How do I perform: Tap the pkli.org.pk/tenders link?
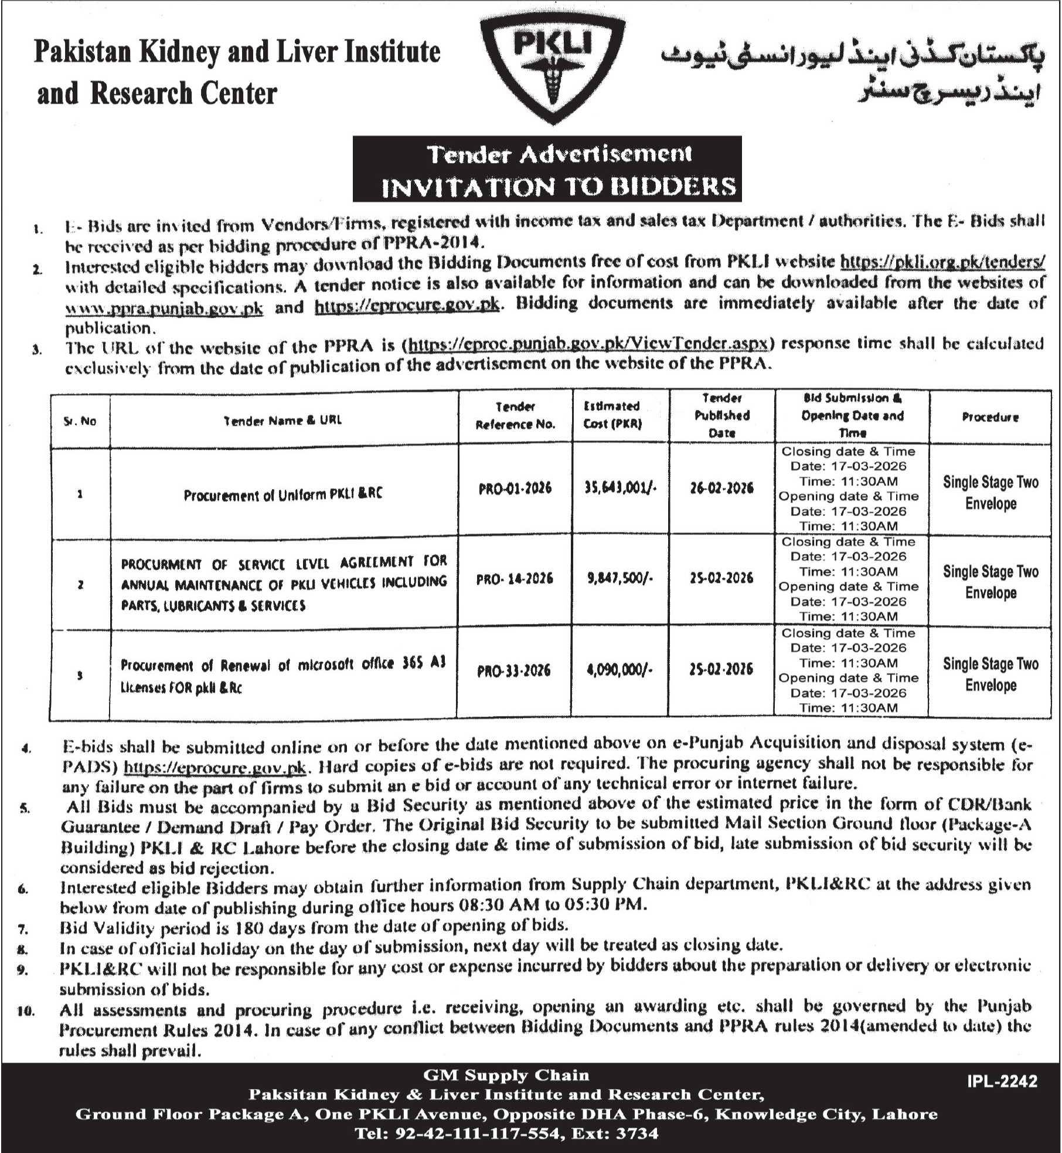tap(942, 262)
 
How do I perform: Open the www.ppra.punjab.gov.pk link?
tap(164, 307)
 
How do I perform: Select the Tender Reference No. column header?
tap(515, 415)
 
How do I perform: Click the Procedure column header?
tap(990, 417)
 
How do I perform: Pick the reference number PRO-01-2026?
tap(515, 489)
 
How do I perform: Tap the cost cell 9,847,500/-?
tap(619, 578)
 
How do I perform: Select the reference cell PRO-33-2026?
tap(514, 670)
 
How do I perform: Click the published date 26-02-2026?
tap(721, 488)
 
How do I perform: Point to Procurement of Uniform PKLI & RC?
tap(283, 494)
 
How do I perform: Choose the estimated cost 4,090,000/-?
tap(619, 669)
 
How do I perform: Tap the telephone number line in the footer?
tap(506, 1133)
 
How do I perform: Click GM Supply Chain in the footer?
tap(506, 1075)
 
